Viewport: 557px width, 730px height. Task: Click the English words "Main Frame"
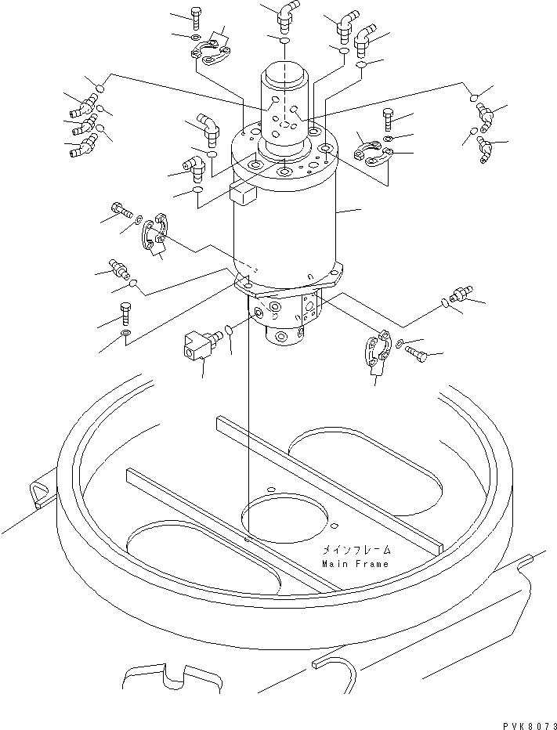tap(354, 563)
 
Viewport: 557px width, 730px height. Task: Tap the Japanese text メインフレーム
tap(354, 551)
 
